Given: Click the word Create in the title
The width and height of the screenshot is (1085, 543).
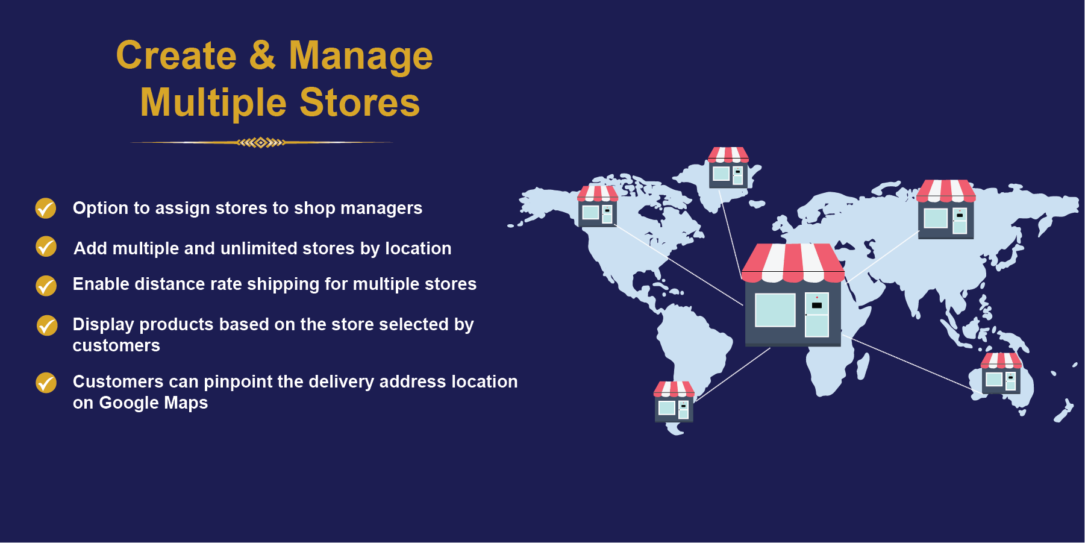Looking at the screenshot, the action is tap(176, 55).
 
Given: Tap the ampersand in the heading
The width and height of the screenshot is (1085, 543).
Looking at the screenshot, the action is tap(262, 55).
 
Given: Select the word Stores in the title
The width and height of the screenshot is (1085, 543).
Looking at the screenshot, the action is tap(360, 102).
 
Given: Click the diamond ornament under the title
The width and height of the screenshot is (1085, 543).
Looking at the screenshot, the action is tap(261, 143).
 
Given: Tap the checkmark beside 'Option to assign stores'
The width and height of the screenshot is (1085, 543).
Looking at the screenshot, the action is tap(46, 208).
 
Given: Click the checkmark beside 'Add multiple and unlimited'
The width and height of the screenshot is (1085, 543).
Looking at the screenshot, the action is tap(46, 246).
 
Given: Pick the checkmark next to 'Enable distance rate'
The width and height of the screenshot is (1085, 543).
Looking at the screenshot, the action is tap(46, 286).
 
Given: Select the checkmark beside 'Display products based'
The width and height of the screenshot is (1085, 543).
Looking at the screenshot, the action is tap(46, 325).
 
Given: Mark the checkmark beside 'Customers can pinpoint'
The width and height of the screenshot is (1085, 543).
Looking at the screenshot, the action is tap(46, 382).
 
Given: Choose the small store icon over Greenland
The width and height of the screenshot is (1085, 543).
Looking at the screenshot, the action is tap(728, 168).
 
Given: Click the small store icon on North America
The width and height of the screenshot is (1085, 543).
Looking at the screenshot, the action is tap(598, 206).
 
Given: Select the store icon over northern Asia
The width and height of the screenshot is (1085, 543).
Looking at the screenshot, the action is tap(946, 209).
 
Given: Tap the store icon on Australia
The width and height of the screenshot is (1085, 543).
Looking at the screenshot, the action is tap(1001, 374).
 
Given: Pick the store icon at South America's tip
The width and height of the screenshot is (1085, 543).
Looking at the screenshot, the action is tap(674, 401).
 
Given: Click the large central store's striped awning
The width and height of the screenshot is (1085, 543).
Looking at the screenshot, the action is tap(793, 263).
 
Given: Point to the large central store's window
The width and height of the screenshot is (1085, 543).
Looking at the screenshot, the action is tap(775, 310).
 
